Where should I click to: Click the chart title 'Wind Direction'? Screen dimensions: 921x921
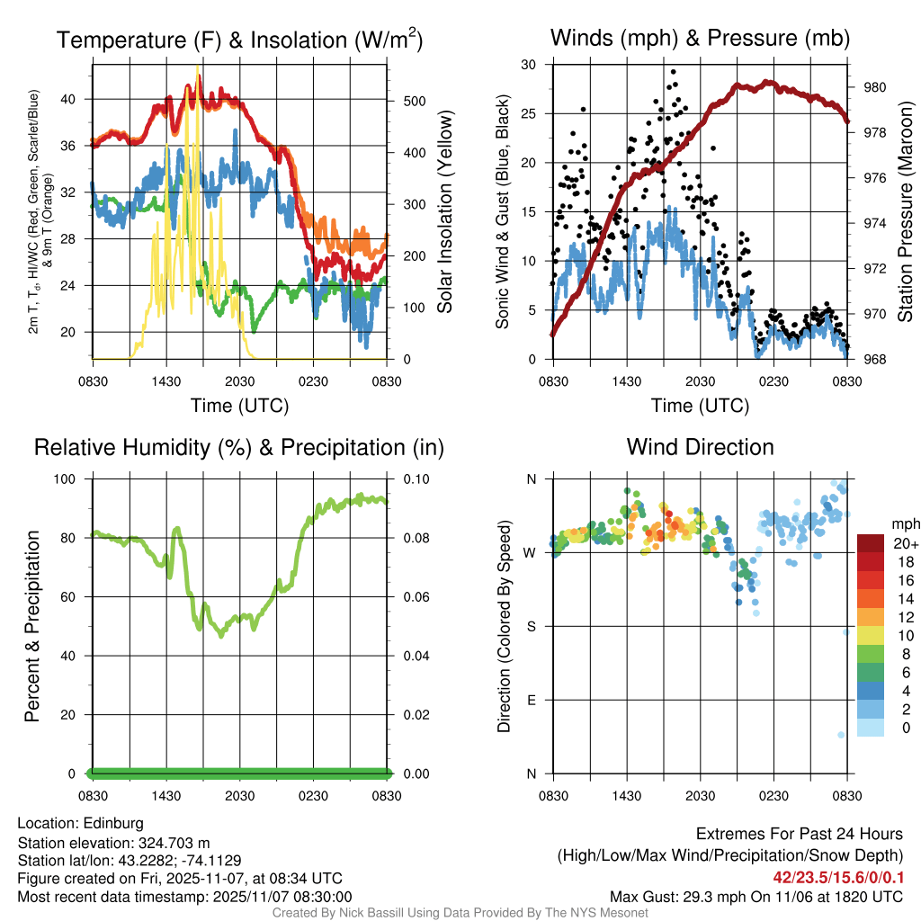click(700, 447)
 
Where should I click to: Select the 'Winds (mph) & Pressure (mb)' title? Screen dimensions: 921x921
click(700, 39)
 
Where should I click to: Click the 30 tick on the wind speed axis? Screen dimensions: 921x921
click(529, 65)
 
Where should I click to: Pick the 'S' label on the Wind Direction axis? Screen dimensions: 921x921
click(531, 626)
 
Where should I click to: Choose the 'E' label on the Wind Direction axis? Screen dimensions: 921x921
click(531, 700)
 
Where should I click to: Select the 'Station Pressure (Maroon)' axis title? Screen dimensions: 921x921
click(905, 211)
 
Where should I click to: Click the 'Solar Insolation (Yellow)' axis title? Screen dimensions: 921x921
click(444, 211)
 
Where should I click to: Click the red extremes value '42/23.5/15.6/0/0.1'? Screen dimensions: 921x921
click(837, 877)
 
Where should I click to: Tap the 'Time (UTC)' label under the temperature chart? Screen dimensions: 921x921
click(239, 406)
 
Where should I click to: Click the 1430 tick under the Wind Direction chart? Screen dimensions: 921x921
click(626, 796)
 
